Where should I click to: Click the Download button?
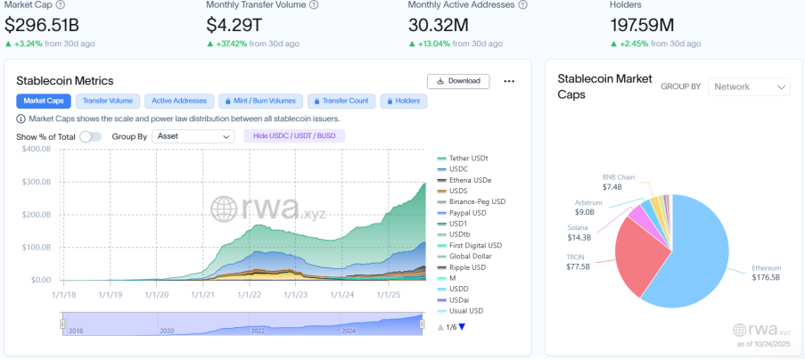pyautogui.click(x=459, y=81)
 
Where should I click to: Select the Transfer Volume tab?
pyautogui.click(x=109, y=101)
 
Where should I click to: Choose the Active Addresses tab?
pyautogui.click(x=180, y=101)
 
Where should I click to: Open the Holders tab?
pyautogui.click(x=403, y=101)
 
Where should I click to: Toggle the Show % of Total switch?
pyautogui.click(x=90, y=136)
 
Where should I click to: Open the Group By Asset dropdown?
pyautogui.click(x=193, y=136)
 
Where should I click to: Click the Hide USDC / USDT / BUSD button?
pyautogui.click(x=293, y=136)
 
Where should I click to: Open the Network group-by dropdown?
pyautogui.click(x=750, y=86)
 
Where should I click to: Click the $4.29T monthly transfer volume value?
pyautogui.click(x=236, y=22)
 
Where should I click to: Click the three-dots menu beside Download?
pyautogui.click(x=509, y=81)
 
